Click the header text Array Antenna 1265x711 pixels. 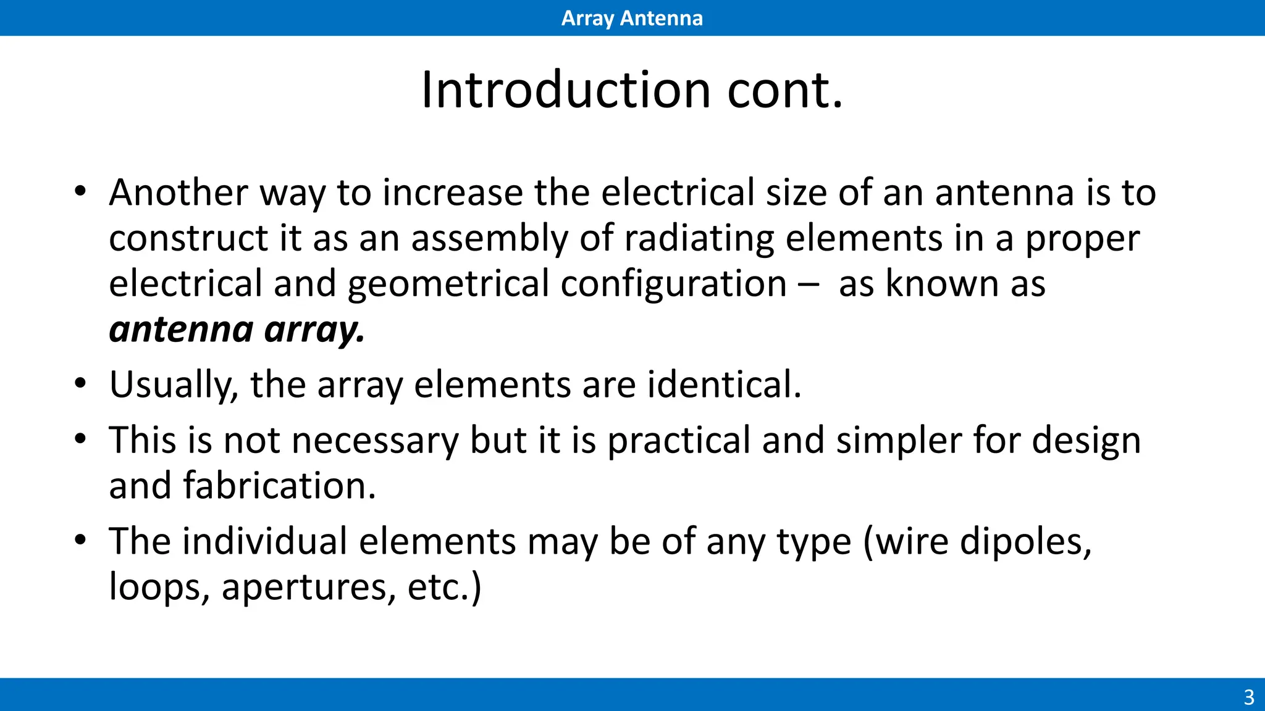pos(632,18)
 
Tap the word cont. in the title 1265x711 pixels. pos(784,90)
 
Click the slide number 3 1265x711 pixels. pos(1248,697)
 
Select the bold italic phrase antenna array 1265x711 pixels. pos(237,330)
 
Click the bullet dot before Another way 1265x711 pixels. pos(80,191)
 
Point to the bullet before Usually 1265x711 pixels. pos(80,384)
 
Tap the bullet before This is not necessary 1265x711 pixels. pos(80,439)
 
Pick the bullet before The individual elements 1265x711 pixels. pos(80,541)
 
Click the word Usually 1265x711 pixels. pos(174,385)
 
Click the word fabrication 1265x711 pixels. pos(279,486)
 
